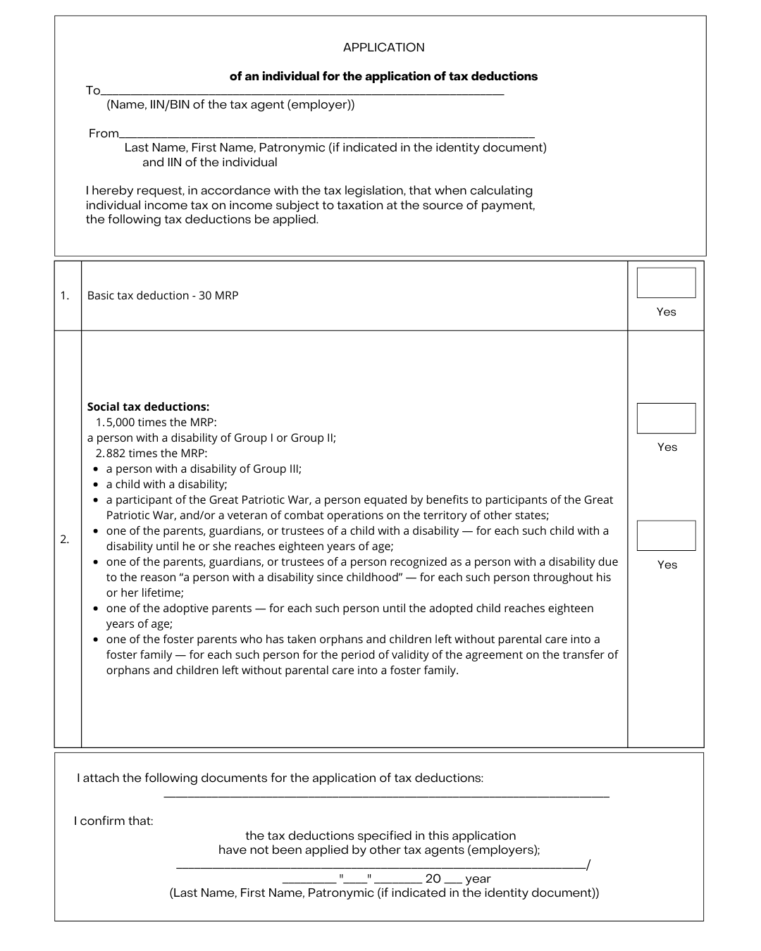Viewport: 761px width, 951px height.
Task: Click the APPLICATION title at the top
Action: click(383, 48)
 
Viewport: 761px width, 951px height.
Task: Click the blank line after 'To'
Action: click(303, 92)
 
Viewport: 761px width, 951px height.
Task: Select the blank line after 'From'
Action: click(327, 135)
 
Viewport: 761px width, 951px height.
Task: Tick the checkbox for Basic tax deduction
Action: click(666, 282)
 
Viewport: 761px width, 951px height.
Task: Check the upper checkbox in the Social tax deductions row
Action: click(666, 418)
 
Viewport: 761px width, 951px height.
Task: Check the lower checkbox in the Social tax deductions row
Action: click(666, 535)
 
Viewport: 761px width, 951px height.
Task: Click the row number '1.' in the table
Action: click(65, 296)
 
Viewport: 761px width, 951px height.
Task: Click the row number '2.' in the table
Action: click(65, 540)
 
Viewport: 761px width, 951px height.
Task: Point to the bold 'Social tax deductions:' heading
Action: click(148, 407)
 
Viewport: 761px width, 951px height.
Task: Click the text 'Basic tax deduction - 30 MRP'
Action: click(163, 296)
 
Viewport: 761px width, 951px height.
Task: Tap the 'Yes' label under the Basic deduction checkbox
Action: click(666, 312)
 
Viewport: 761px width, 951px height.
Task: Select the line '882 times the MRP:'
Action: click(156, 454)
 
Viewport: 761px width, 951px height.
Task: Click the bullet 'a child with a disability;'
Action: click(166, 485)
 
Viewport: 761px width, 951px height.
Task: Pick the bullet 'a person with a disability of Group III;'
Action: click(204, 469)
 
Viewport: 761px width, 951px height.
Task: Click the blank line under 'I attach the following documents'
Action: click(386, 796)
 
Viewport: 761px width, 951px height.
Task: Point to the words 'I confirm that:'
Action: click(113, 821)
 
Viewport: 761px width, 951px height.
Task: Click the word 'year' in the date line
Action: click(478, 879)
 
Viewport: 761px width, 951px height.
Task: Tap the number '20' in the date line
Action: click(433, 879)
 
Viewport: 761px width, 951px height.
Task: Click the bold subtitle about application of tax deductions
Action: click(383, 77)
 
